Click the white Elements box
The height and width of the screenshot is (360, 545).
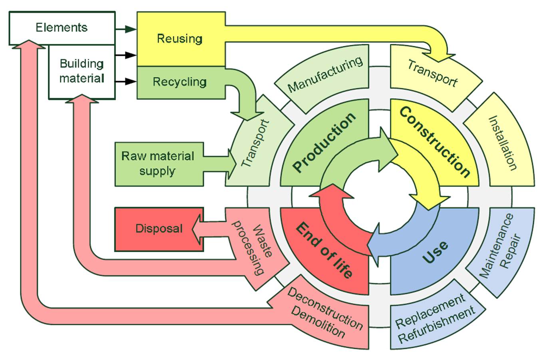[x=62, y=28]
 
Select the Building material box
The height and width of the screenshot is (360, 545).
[x=82, y=71]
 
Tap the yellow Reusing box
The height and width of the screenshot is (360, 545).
[x=180, y=39]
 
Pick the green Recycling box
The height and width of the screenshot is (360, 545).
[x=180, y=82]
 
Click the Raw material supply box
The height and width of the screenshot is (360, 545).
[x=158, y=164]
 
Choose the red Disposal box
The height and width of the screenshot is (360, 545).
[x=159, y=229]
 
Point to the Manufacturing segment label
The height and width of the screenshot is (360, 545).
[x=325, y=74]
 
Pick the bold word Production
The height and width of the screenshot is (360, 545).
[x=324, y=142]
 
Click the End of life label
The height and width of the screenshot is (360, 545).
[x=324, y=251]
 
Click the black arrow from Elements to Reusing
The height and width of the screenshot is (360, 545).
[x=125, y=29]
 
